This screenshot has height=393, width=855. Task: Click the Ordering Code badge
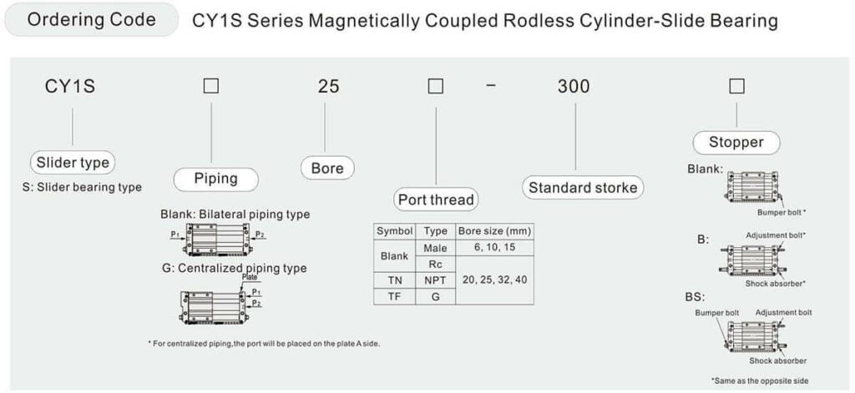[x=91, y=20]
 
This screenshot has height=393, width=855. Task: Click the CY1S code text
[x=70, y=86]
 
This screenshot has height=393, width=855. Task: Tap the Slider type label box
[x=73, y=163]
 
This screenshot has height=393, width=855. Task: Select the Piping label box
[x=215, y=179]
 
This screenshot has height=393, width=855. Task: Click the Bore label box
[x=327, y=168]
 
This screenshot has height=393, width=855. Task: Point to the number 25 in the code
[x=329, y=86]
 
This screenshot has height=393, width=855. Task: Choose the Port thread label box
[x=436, y=199]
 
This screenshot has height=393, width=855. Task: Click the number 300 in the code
[x=574, y=86]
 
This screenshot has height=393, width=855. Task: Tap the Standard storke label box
[x=583, y=188]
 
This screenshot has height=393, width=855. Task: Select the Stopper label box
[x=736, y=142]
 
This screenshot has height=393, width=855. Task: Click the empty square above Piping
[x=211, y=86]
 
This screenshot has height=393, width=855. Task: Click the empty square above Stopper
[x=736, y=86]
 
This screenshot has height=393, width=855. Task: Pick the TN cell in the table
[x=395, y=280]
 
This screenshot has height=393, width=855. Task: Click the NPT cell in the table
[x=436, y=280]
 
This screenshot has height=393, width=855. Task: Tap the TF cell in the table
[x=395, y=296]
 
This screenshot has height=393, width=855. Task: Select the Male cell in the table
[x=436, y=248]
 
